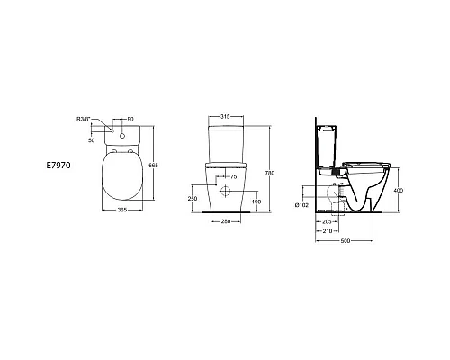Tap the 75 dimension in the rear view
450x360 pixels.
pos(234,177)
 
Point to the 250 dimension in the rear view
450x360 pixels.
pos(192,198)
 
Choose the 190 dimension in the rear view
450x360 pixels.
pos(258,202)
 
